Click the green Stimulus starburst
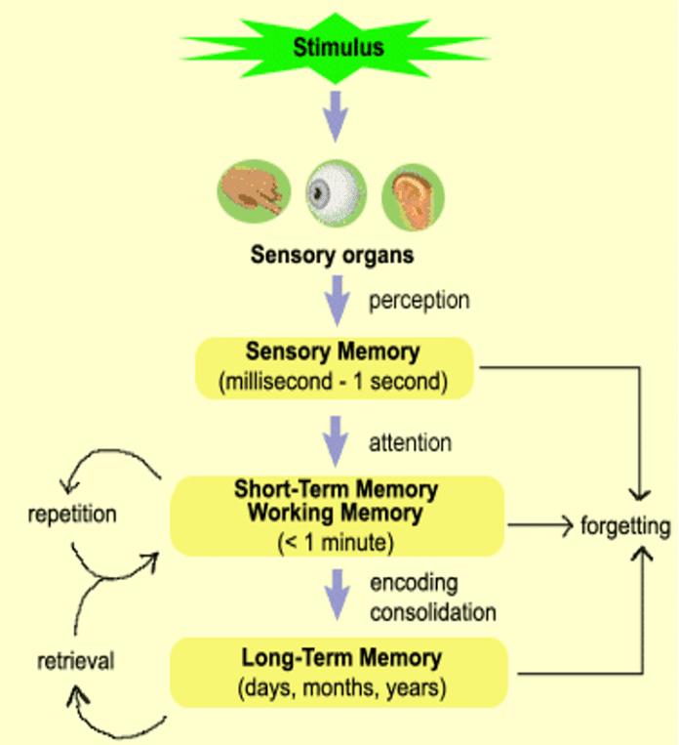[338, 46]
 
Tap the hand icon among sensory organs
[250, 191]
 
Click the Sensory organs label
[332, 256]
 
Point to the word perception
[419, 300]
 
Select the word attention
[410, 442]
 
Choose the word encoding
[414, 583]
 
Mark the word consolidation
[433, 612]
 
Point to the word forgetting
[625, 526]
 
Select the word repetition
[72, 514]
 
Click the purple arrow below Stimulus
[337, 115]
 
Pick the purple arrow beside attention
[337, 441]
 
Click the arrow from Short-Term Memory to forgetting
[539, 527]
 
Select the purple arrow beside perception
[337, 299]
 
